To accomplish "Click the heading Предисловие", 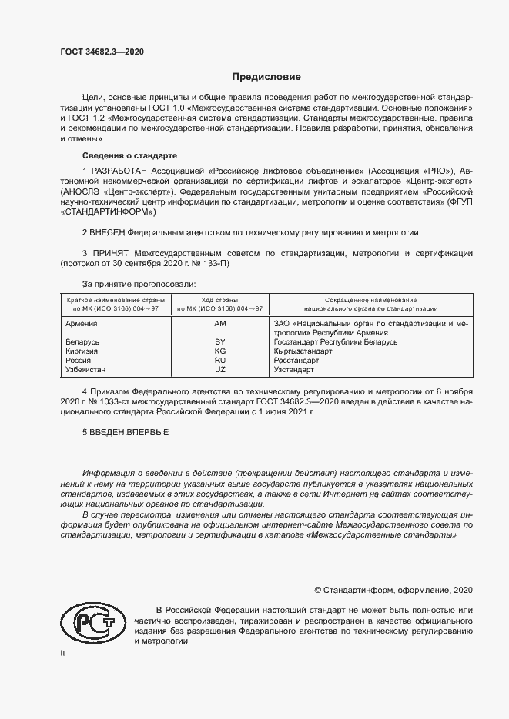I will click(267, 77).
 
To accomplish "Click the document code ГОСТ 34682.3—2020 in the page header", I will click(102, 52).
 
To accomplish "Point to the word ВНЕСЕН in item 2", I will click(109, 231).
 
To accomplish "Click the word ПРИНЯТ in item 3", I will click(110, 252).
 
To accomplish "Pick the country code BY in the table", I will click(219, 341).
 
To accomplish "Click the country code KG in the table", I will click(219, 351).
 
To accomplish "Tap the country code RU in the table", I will click(219, 360).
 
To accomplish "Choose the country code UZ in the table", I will click(219, 369).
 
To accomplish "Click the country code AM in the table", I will click(219, 324).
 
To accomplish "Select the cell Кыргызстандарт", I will click(303, 351).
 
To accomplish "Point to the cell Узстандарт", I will click(293, 369).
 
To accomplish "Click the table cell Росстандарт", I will click(296, 360).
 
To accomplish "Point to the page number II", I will click(62, 653).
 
